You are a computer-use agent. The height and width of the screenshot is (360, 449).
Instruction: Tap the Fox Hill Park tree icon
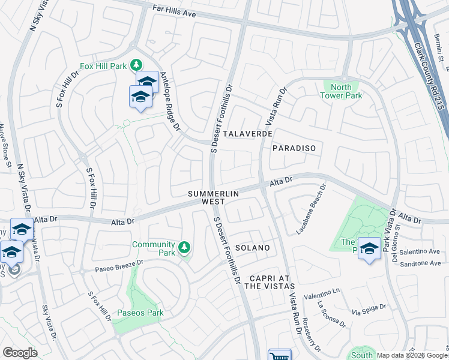[137, 64]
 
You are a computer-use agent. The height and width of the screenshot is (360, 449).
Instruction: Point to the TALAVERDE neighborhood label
[248, 134]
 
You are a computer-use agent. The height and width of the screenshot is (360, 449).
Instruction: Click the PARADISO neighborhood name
[294, 148]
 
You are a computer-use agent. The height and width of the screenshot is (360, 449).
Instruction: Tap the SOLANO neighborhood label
[252, 248]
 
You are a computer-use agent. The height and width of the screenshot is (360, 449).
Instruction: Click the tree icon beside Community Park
[184, 247]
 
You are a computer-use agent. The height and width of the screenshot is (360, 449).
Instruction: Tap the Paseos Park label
[140, 313]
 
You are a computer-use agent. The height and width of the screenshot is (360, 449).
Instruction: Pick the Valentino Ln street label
[322, 293]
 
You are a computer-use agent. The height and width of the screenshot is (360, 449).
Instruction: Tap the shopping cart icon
[279, 355]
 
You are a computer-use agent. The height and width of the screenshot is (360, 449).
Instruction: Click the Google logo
[20, 353]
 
